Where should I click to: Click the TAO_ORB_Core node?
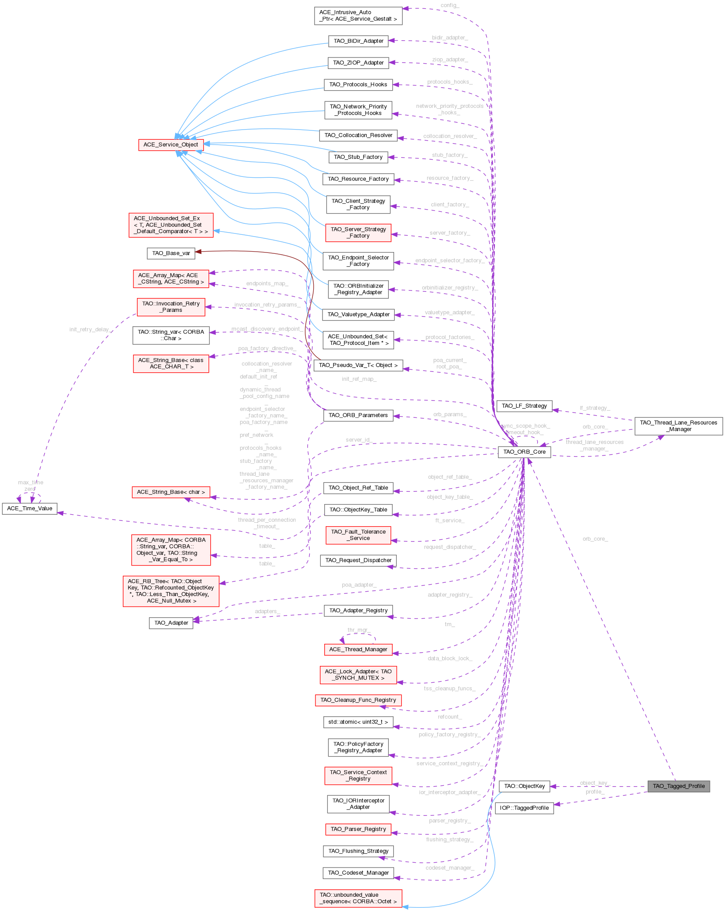coord(524,452)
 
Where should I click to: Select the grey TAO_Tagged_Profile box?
coord(679,786)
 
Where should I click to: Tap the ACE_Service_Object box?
coord(171,145)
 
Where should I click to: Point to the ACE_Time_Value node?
coord(30,509)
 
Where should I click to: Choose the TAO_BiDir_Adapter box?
coord(358,41)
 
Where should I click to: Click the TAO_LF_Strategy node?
coord(524,406)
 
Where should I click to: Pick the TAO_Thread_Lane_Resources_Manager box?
coord(679,426)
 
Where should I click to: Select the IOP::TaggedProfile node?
coord(524,808)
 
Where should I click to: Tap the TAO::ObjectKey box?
coord(524,786)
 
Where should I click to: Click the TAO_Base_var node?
coord(171,253)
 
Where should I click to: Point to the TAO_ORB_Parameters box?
coord(358,415)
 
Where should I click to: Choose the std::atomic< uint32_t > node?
coord(358,722)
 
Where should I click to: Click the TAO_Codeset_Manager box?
coord(358,873)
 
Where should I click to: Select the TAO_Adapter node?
coord(171,623)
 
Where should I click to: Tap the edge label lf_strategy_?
coord(595,408)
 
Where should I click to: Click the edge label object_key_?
coord(595,783)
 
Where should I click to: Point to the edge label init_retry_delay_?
coord(90,329)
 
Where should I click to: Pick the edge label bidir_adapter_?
coord(450,38)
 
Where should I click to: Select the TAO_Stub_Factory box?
coord(358,157)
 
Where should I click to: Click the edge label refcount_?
coord(450,717)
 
